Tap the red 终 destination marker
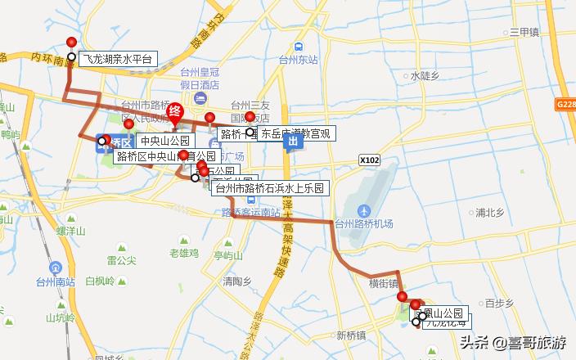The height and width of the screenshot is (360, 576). pos(174,113)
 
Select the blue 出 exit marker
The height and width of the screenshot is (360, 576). pos(292,142)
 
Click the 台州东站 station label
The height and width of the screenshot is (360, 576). pos(298,60)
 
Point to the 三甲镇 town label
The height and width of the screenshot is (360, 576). pos(524,33)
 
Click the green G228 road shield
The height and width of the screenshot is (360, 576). pos(565,105)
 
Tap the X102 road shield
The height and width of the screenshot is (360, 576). pos(370,161)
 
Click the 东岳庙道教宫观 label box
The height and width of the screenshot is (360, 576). pos(295,133)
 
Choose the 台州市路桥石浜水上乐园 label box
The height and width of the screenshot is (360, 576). pos(270,188)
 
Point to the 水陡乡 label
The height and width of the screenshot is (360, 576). pos(426,75)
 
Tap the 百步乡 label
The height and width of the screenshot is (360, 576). pos(498,303)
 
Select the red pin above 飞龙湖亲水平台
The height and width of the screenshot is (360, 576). pos(71,43)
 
